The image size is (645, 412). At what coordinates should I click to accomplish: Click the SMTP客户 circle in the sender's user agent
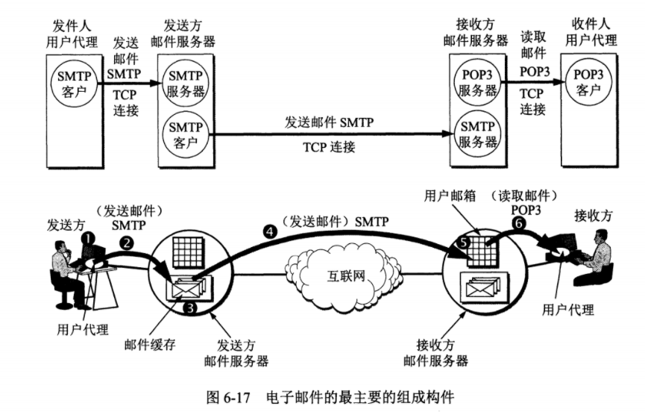[74, 84]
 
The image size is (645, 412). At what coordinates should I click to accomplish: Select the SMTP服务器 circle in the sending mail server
[186, 84]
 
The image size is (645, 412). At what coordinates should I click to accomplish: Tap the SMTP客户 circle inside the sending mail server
[186, 134]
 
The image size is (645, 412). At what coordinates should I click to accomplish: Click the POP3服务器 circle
[477, 83]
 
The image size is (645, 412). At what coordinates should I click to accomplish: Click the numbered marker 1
[88, 237]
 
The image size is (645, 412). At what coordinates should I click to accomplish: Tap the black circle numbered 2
[127, 243]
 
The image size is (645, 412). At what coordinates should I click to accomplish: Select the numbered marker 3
[190, 307]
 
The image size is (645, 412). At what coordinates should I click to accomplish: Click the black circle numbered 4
[270, 232]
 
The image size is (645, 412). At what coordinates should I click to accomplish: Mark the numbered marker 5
[464, 243]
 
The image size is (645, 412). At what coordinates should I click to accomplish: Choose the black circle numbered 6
[519, 223]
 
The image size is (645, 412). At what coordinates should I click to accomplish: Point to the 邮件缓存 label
[150, 344]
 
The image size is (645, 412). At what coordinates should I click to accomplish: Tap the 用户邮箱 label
[450, 196]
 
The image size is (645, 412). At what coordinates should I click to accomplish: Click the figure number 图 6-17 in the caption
[228, 397]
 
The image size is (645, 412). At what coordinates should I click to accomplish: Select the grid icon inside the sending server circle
[187, 253]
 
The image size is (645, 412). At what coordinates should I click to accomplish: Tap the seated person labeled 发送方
[69, 275]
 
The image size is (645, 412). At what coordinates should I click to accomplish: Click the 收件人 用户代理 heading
[591, 32]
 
